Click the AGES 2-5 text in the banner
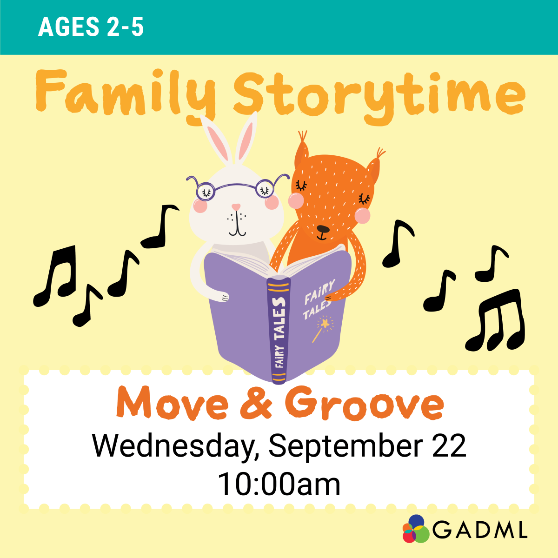(x=91, y=27)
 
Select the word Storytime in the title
(x=379, y=95)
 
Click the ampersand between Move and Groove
(x=256, y=403)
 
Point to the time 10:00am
(x=279, y=484)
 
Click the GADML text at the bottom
(x=480, y=530)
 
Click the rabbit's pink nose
(x=236, y=206)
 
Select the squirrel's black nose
(x=323, y=229)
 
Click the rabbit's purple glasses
(x=236, y=187)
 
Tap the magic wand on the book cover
(x=322, y=328)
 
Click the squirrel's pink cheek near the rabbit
(x=296, y=200)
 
